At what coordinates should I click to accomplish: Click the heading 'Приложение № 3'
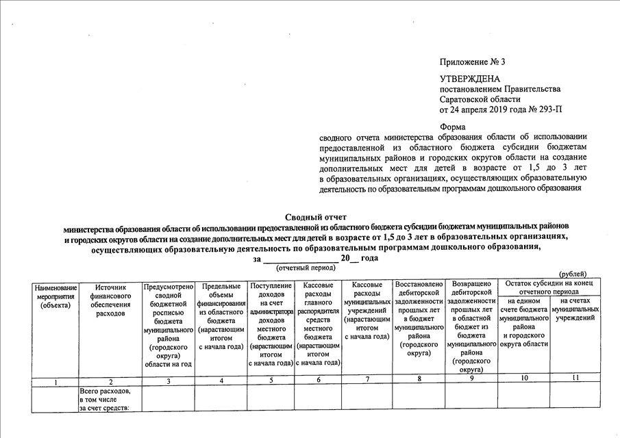[472, 62]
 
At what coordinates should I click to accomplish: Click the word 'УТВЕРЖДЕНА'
[465, 79]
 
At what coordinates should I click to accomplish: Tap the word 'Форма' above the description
[452, 127]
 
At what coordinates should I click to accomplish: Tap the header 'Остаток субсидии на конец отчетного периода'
[549, 287]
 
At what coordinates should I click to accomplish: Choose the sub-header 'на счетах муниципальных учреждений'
[575, 309]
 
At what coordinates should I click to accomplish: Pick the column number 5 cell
[271, 380]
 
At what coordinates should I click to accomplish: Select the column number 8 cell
[419, 378]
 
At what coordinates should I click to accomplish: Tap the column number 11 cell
[575, 378]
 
